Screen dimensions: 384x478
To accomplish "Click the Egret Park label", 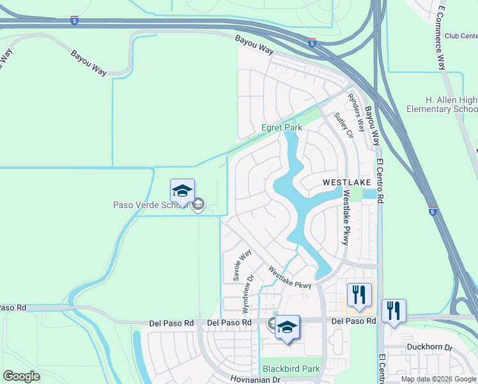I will [282, 128].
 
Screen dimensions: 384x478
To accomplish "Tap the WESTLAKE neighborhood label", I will [346, 182].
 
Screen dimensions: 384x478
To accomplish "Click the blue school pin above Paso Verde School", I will [182, 191].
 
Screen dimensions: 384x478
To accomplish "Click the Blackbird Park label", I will [291, 369].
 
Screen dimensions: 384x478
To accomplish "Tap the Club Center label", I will [461, 36].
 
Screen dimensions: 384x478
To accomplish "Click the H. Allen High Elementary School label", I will [443, 105].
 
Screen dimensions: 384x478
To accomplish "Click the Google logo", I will [21, 376].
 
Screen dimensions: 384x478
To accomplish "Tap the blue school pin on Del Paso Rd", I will [287, 328].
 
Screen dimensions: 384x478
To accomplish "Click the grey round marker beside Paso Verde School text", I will [198, 205].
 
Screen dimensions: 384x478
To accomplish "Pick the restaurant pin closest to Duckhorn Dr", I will [393, 312].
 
